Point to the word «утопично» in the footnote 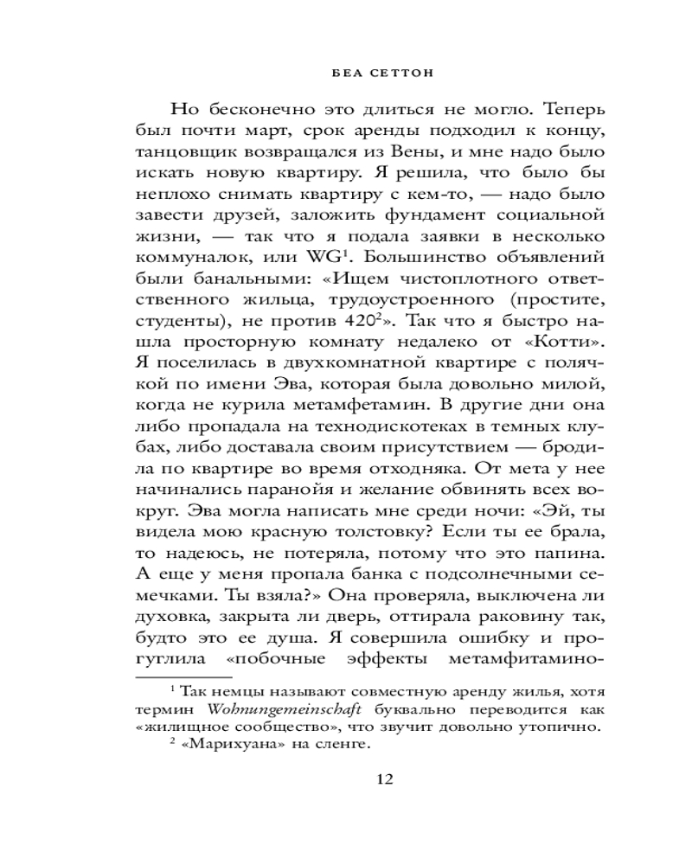(x=558, y=727)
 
